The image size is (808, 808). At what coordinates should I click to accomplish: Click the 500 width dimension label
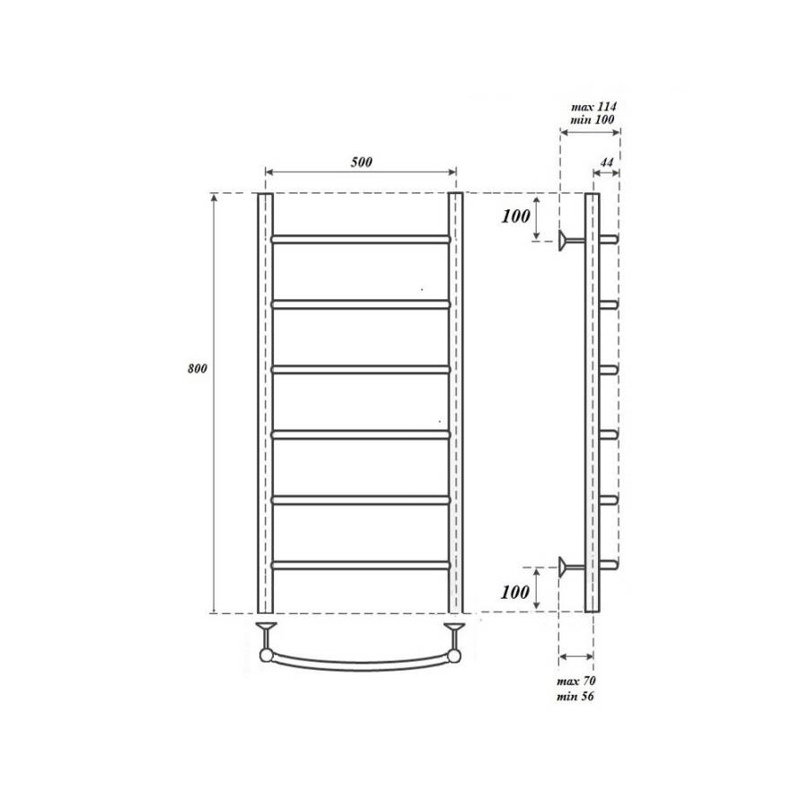pos(361,162)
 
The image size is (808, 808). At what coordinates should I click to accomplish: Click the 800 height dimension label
pos(198,369)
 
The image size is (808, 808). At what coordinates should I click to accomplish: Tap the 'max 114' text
pos(593,106)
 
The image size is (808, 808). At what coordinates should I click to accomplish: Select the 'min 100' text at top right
pos(593,119)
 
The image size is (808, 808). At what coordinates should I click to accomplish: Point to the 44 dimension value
pos(606,162)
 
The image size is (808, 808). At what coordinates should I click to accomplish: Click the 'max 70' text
pos(575,683)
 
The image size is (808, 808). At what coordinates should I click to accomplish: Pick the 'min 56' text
pos(575,697)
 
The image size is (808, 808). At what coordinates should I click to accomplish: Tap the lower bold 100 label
pos(516,592)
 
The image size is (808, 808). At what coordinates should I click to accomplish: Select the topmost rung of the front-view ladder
pos(360,240)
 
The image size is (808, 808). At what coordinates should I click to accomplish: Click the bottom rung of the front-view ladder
pos(360,565)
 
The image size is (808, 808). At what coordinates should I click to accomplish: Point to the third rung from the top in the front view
pos(360,369)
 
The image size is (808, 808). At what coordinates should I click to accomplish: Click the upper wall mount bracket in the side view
pos(567,240)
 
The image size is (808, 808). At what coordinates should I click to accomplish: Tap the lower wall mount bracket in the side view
pos(567,565)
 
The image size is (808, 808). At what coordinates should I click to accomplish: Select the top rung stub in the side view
pos(608,240)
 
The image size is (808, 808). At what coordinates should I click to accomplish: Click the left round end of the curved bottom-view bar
pos(266,655)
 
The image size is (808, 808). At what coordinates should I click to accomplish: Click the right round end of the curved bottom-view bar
pos(455,655)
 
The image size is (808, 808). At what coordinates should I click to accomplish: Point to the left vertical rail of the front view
pos(264,404)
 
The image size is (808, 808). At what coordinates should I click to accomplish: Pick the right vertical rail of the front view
pos(456,404)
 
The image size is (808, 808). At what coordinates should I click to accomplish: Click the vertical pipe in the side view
pos(591,404)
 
